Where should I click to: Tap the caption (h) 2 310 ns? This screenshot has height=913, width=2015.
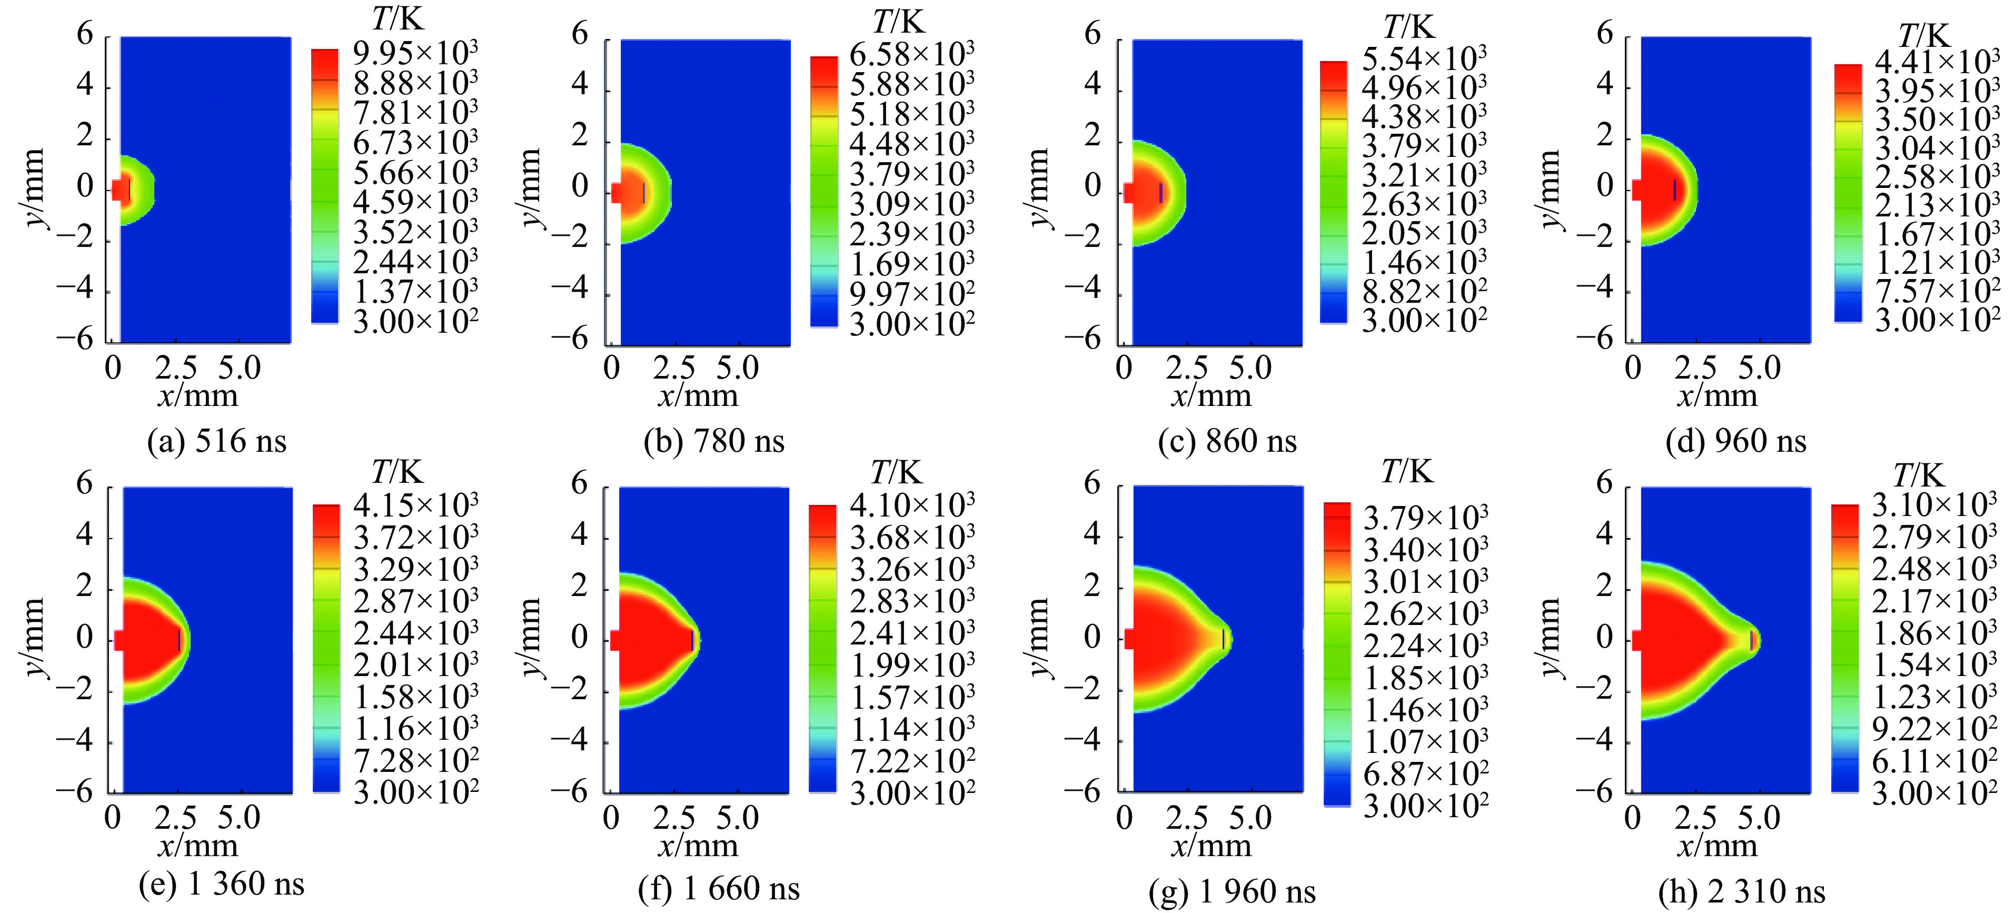coord(1741,891)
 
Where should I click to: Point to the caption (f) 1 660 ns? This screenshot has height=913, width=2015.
coord(718,889)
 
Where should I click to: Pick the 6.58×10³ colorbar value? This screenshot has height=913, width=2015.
coord(912,55)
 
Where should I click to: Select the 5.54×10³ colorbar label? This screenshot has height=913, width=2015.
coord(1424,58)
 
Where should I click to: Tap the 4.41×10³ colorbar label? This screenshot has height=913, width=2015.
coord(1937,62)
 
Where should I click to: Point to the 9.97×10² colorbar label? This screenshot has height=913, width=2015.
coord(912,295)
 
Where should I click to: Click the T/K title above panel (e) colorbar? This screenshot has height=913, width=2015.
coord(396,472)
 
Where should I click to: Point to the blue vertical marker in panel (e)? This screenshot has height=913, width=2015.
coord(179,640)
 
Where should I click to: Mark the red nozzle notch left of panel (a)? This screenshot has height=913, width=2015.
coord(116,190)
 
